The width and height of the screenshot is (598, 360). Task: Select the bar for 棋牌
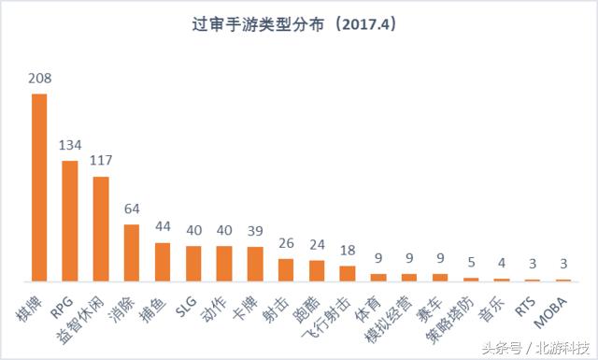pyautogui.click(x=39, y=187)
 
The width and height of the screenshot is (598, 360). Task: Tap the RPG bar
pyautogui.click(x=70, y=221)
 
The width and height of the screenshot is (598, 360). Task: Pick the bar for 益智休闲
pyautogui.click(x=101, y=228)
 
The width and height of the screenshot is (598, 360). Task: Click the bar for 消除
pyautogui.click(x=132, y=252)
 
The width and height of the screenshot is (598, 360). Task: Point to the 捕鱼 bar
pyautogui.click(x=163, y=262)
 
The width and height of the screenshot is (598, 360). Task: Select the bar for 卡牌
pyautogui.click(x=254, y=264)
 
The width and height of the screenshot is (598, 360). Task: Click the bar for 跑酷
pyautogui.click(x=316, y=270)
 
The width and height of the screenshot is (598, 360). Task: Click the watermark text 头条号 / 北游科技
pyautogui.click(x=534, y=347)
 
